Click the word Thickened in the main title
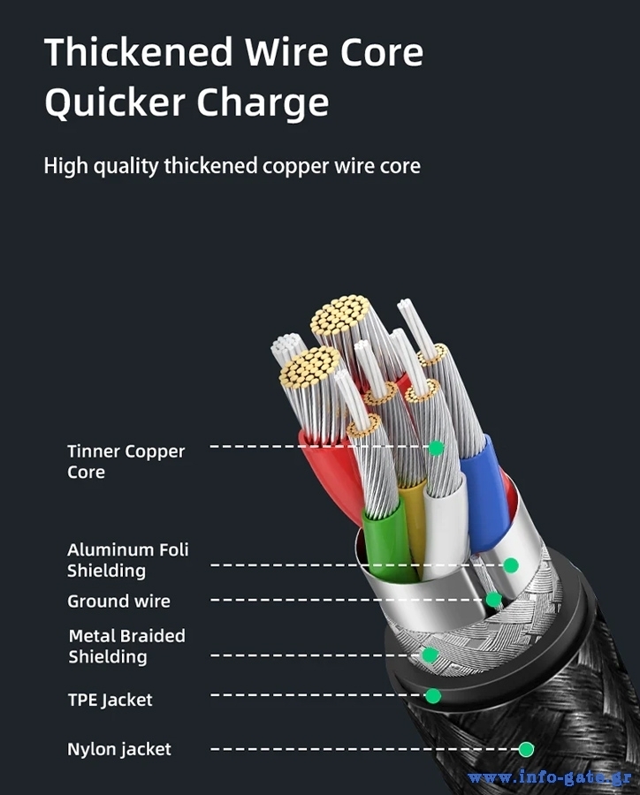pyautogui.click(x=139, y=52)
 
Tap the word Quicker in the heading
pyautogui.click(x=115, y=103)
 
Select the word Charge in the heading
pyautogui.click(x=263, y=103)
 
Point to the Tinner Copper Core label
pyautogui.click(x=126, y=461)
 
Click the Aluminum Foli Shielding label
pyautogui.click(x=128, y=560)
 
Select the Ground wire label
pyautogui.click(x=118, y=602)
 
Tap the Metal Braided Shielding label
pyautogui.click(x=127, y=646)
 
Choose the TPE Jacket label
pyautogui.click(x=110, y=700)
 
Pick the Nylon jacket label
pyautogui.click(x=119, y=749)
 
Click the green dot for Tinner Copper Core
pyautogui.click(x=436, y=448)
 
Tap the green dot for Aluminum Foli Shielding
pyautogui.click(x=511, y=564)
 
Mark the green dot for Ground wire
pyautogui.click(x=493, y=600)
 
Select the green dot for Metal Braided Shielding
pyautogui.click(x=430, y=655)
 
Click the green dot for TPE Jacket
pyautogui.click(x=433, y=696)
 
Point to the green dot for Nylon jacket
pyautogui.click(x=526, y=749)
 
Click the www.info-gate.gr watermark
pyautogui.click(x=550, y=777)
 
